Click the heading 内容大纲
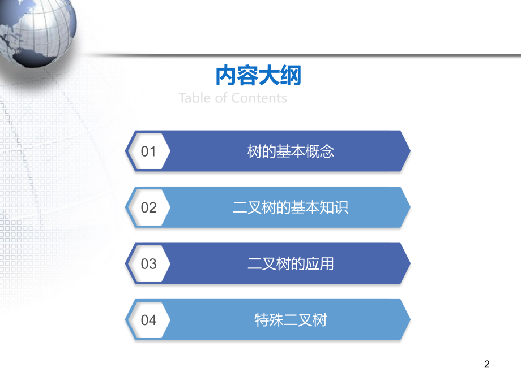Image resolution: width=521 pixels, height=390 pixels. point(258,76)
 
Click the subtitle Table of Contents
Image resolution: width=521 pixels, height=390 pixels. point(233,98)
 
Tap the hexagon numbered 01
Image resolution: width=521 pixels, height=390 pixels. point(148,151)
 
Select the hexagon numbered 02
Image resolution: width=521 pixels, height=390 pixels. point(148,207)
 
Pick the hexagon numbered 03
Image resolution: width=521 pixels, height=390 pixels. point(148,263)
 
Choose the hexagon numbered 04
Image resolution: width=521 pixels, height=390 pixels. point(148,320)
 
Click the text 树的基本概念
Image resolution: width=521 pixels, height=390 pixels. point(291,151)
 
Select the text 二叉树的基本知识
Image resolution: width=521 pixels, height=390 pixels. point(291,207)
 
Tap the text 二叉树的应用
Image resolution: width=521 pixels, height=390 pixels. point(291,264)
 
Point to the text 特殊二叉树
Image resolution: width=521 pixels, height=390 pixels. point(291,320)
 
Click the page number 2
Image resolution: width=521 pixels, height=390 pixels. point(487,364)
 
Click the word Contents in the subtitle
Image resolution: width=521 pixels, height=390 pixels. point(259,98)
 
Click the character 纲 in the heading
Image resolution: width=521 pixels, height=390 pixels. point(291,76)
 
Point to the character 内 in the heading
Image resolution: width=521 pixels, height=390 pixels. point(227,76)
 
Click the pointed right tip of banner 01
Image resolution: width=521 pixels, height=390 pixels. point(411,151)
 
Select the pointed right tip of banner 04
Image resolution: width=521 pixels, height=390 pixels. point(411,320)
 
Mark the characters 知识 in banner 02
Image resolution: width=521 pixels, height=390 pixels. point(334,207)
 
